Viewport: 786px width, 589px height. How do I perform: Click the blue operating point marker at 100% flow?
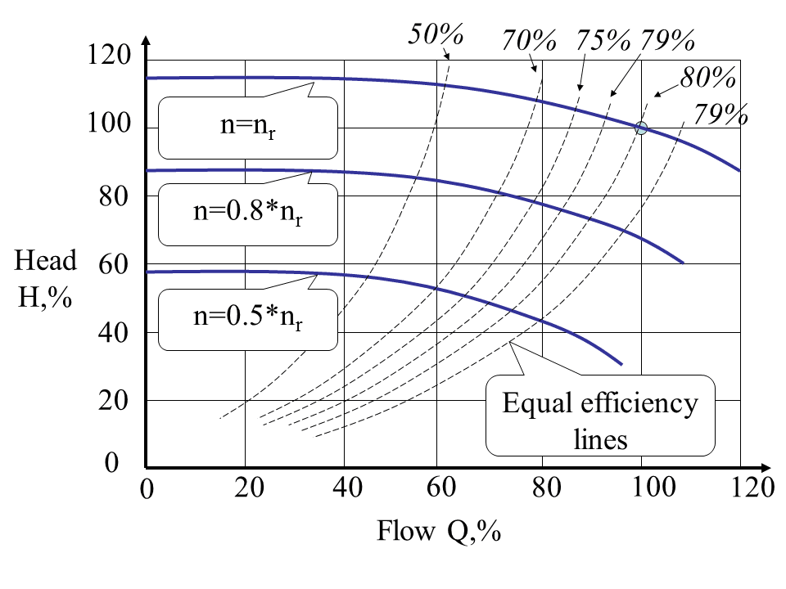[642, 128]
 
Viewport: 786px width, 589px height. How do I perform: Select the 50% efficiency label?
[436, 35]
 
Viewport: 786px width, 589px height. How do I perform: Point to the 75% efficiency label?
[603, 39]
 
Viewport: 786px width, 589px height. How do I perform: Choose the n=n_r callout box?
[247, 128]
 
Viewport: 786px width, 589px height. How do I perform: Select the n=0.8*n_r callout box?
[247, 214]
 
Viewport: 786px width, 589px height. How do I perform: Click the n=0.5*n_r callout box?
[247, 316]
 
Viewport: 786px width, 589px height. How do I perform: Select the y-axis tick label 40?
[114, 331]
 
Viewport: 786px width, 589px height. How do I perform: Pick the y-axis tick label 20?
[114, 400]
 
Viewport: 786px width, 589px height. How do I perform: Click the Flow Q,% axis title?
[438, 532]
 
